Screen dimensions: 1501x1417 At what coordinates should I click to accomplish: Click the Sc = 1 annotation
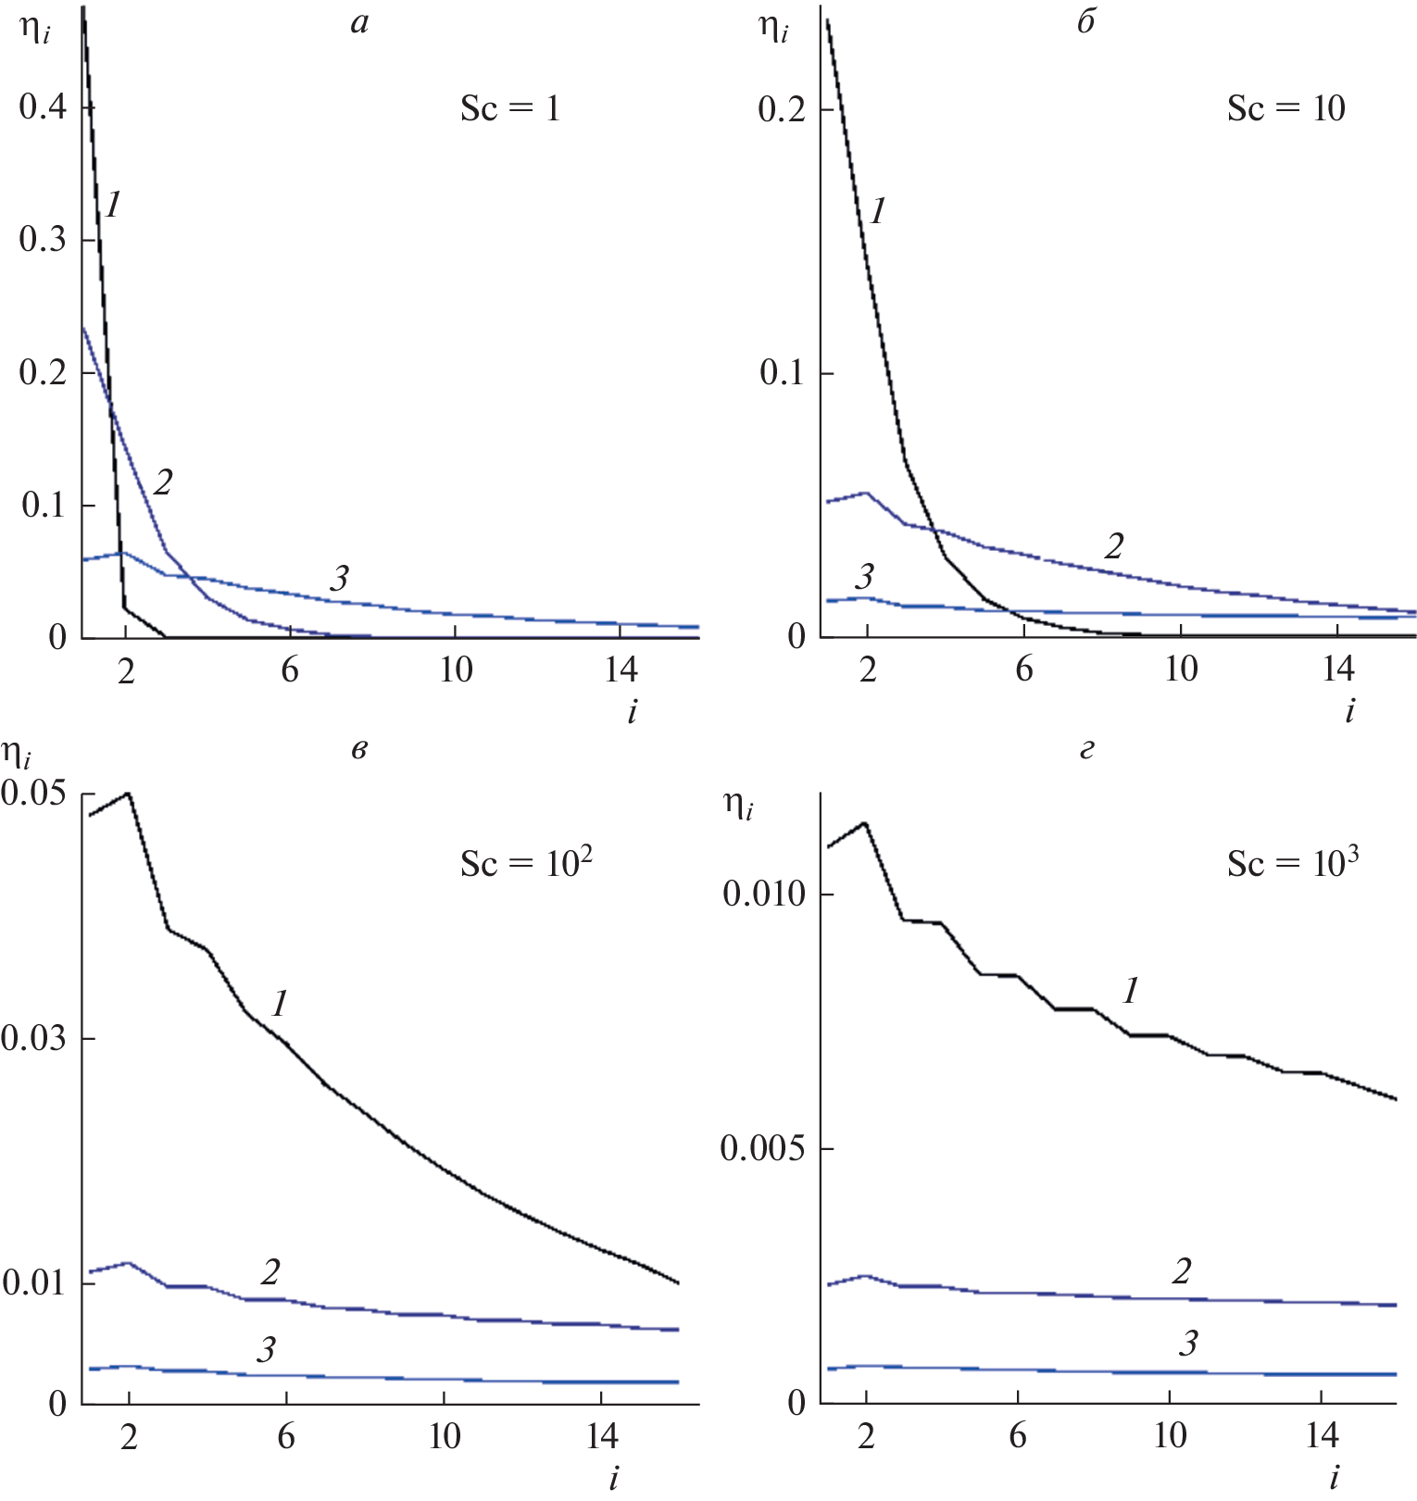[x=509, y=109]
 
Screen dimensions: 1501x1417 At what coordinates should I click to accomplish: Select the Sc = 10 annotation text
[x=1285, y=109]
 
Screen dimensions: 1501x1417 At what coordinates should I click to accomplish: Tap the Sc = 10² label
[x=525, y=863]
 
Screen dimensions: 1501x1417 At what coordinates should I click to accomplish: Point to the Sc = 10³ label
[x=1292, y=863]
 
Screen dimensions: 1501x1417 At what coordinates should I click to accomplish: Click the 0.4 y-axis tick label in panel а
[x=44, y=107]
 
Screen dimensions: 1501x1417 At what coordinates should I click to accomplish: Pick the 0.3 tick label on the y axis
[x=44, y=240]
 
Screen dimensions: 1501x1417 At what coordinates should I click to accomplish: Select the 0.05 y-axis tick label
[x=34, y=794]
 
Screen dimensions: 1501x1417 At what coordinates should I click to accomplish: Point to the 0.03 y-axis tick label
[x=34, y=1039]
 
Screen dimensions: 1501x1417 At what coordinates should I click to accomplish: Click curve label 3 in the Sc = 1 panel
[x=340, y=579]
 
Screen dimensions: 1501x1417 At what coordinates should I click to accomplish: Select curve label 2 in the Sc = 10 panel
[x=1113, y=546]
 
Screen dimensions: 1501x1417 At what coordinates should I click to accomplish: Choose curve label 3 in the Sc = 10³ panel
[x=1188, y=1343]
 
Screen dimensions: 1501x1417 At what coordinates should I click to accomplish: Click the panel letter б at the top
[x=1086, y=22]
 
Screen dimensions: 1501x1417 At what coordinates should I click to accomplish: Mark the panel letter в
[x=359, y=749]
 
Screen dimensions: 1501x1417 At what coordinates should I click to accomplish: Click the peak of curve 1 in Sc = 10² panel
[x=129, y=794]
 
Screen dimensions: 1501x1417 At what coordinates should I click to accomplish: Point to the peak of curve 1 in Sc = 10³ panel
[x=865, y=822]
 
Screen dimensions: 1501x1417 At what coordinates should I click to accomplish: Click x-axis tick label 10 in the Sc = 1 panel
[x=456, y=669]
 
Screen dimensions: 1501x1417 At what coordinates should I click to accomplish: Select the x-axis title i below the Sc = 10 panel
[x=1349, y=711]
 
